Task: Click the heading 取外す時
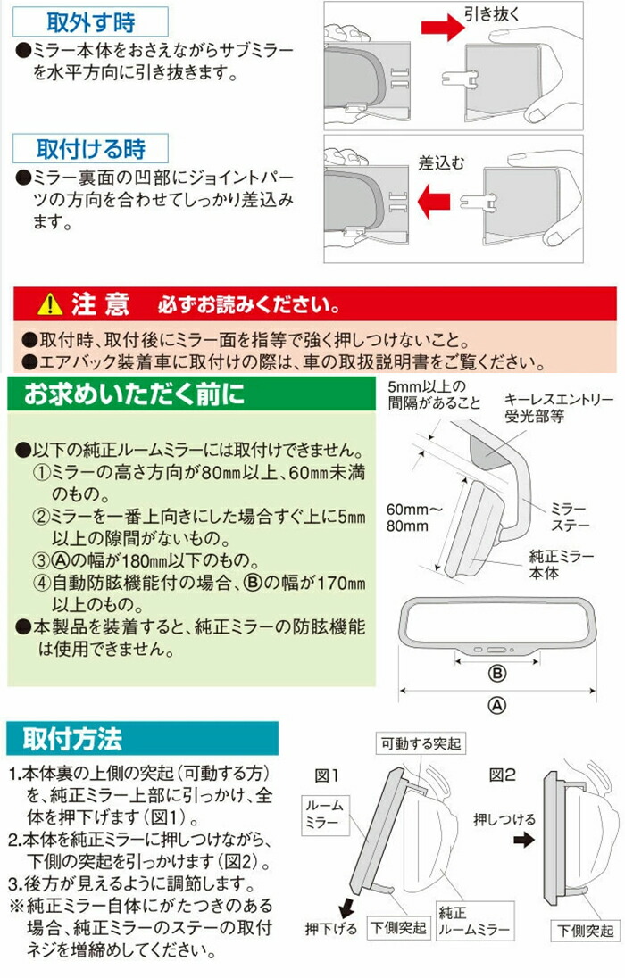(90, 22)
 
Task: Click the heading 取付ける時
(90, 149)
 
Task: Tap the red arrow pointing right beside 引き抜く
(442, 27)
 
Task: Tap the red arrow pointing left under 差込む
(433, 202)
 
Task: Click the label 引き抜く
(491, 13)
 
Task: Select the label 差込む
(441, 163)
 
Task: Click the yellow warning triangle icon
(49, 305)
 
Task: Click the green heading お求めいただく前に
(134, 394)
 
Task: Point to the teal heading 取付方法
(72, 739)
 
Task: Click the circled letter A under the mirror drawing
(497, 705)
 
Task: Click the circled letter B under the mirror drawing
(497, 674)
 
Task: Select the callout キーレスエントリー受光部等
(559, 408)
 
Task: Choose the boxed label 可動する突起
(421, 743)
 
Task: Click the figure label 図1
(326, 776)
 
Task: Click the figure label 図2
(502, 775)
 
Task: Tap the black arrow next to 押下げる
(346, 907)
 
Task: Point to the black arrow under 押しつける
(523, 840)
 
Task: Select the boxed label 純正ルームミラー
(474, 921)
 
